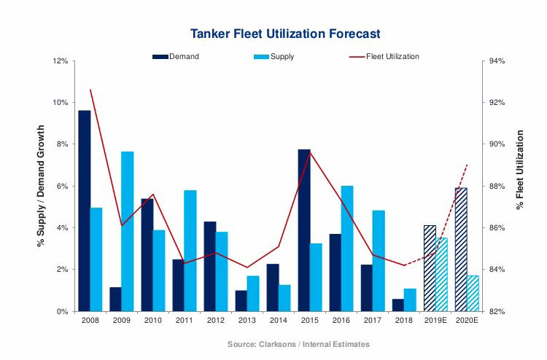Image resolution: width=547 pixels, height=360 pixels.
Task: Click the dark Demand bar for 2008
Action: [x=85, y=211]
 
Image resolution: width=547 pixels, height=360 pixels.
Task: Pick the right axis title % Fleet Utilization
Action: [x=520, y=170]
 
